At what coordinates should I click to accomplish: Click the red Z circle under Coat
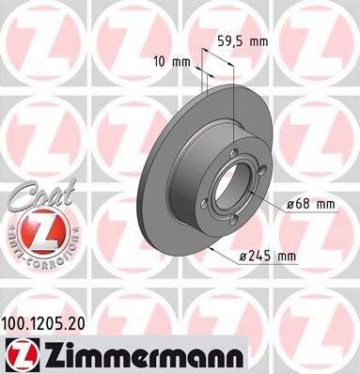[36, 230]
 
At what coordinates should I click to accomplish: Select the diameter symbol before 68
[288, 203]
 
